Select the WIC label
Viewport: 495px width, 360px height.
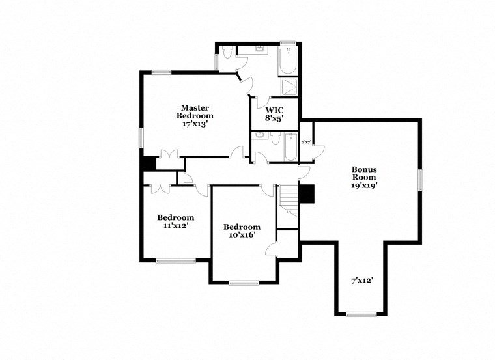click(274, 109)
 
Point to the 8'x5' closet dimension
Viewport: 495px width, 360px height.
click(274, 118)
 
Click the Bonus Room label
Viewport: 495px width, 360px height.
click(364, 173)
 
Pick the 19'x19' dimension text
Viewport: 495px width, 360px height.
click(364, 185)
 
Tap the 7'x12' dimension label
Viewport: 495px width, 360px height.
click(362, 281)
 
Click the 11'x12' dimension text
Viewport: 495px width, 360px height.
click(175, 227)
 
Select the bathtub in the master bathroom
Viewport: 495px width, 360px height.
click(288, 61)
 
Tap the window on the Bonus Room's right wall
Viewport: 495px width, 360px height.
click(421, 178)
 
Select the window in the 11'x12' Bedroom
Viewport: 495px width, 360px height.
click(175, 260)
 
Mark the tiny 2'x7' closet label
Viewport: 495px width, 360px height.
click(305, 141)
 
